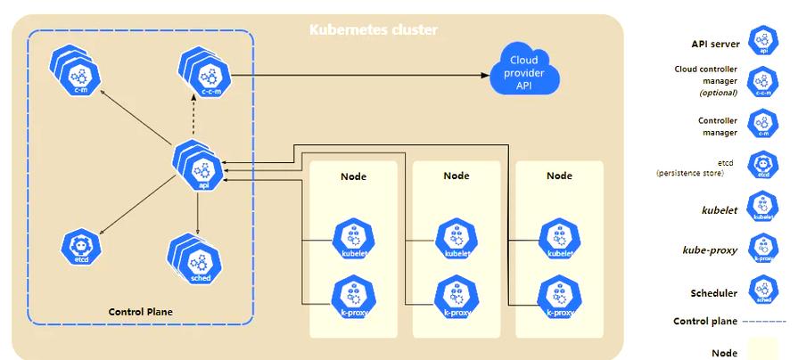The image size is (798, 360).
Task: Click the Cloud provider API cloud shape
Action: pos(524,70)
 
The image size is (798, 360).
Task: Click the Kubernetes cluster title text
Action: pos(373,31)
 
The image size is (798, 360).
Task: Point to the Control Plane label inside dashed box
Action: pos(140,312)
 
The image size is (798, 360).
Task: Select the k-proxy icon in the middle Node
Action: pos(455,297)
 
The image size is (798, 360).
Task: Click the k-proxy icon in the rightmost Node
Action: pos(558,297)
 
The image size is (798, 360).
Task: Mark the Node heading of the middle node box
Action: pos(456,176)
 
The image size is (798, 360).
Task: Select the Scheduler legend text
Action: pos(713,293)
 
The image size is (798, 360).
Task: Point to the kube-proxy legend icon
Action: pos(762,247)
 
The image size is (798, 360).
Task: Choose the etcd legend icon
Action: pos(762,165)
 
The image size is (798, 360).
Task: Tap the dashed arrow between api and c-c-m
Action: pos(196,116)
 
